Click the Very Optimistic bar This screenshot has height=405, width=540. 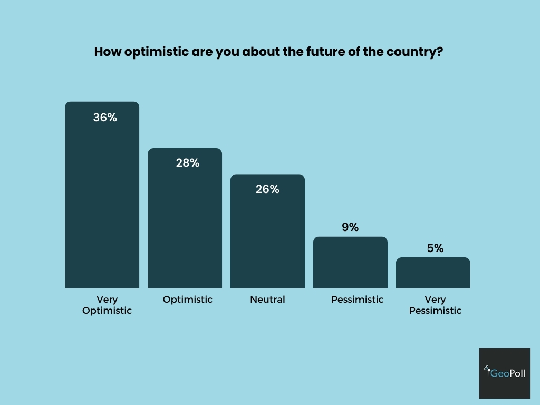click(102, 200)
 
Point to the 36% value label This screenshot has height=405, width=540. click(105, 118)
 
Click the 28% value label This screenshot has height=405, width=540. click(188, 163)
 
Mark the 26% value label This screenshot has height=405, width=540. click(267, 189)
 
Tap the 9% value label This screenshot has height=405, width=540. click(350, 227)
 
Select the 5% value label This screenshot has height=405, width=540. click(435, 248)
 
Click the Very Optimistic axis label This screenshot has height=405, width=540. click(107, 305)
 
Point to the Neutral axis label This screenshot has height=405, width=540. click(267, 300)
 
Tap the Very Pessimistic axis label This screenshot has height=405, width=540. click(435, 305)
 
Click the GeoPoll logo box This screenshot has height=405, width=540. click(504, 373)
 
